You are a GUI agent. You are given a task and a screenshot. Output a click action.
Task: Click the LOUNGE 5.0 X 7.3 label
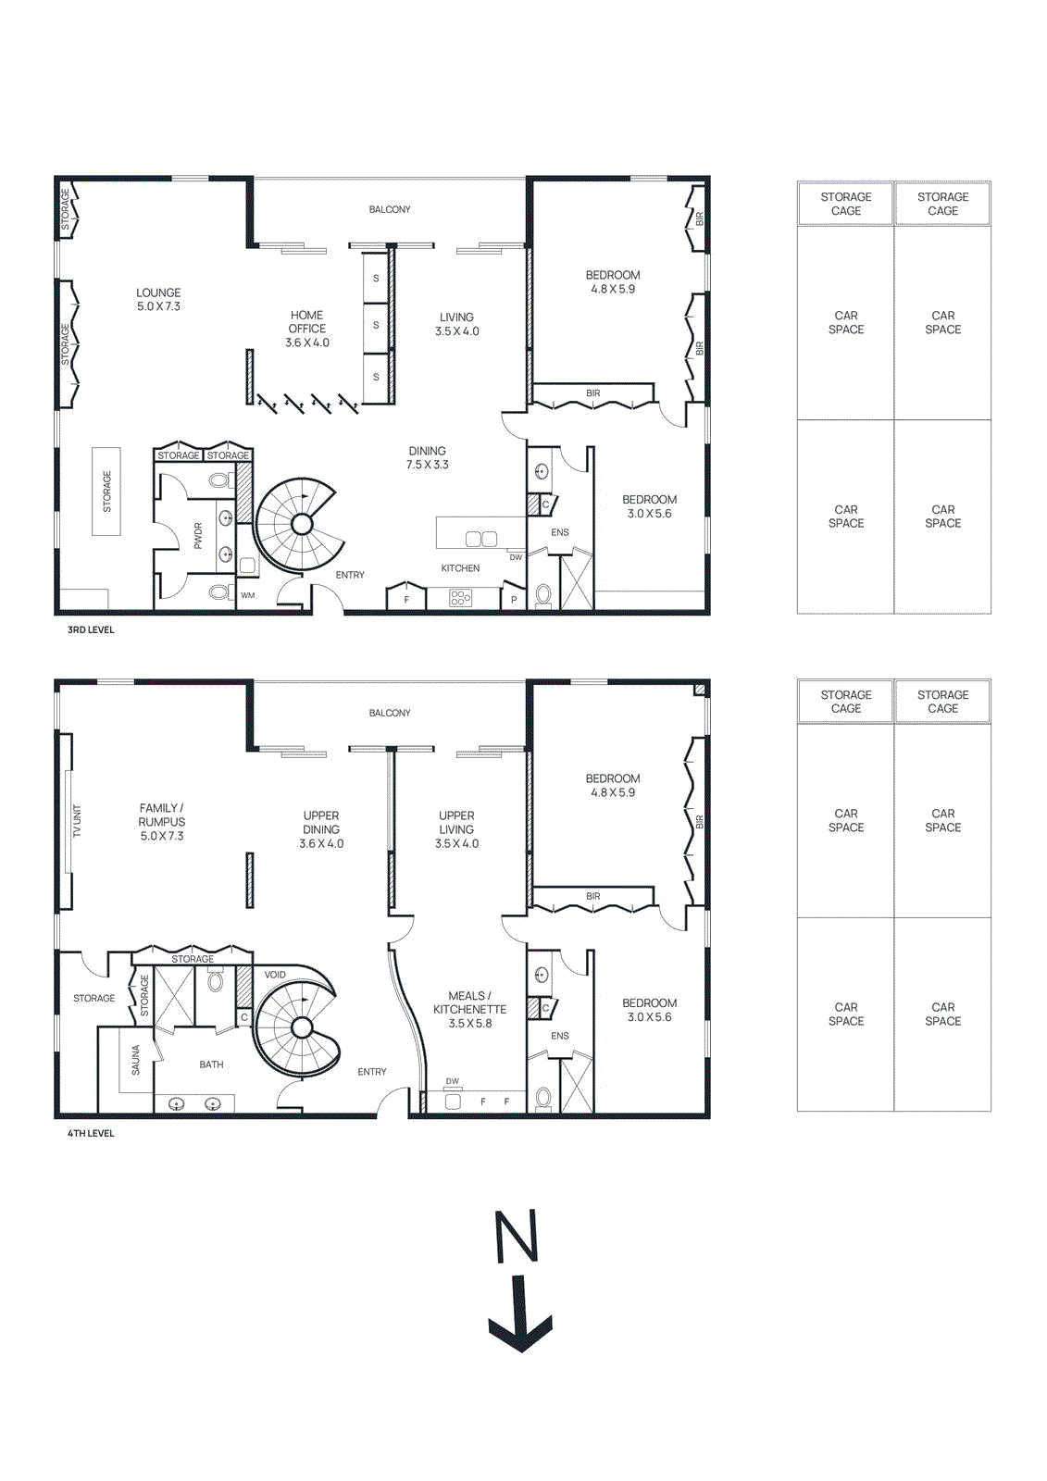point(158,299)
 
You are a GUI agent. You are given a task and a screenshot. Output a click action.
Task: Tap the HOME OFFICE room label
point(306,329)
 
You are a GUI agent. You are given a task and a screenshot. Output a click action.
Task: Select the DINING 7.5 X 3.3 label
point(427,457)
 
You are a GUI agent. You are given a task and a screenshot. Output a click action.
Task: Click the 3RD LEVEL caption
point(91,630)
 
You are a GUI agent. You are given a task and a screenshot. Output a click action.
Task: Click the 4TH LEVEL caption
point(91,1134)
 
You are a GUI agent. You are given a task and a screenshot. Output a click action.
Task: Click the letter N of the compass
point(517,1236)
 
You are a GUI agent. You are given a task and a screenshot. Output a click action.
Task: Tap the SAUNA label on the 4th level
point(136,1060)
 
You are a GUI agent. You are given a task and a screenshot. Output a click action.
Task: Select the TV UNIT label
point(78,821)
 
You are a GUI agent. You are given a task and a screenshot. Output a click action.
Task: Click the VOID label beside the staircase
point(275,975)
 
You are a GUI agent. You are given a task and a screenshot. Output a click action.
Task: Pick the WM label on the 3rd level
point(247,595)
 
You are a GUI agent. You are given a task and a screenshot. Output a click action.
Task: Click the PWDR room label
point(198,536)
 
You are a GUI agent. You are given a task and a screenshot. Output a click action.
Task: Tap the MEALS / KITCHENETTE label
point(469,1009)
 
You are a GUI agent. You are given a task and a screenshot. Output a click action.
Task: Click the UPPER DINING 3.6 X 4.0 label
point(321,829)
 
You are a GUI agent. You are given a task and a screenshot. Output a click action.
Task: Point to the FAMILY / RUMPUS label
point(162,822)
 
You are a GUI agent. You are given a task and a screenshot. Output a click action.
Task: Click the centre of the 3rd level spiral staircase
point(302,525)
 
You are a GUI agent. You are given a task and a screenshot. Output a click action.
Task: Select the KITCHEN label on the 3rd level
point(460,568)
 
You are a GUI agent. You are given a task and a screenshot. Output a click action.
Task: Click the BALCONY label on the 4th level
point(390,713)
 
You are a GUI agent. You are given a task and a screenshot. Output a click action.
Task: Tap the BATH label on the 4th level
point(211,1064)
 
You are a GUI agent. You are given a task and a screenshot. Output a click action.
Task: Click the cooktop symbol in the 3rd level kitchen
point(460,598)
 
